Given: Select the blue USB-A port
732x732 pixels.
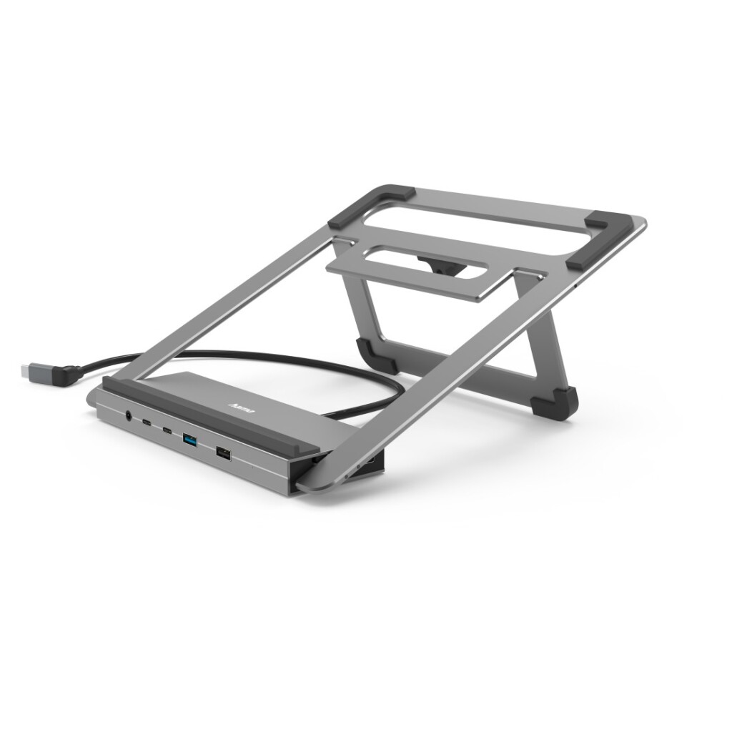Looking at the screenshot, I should click(190, 439).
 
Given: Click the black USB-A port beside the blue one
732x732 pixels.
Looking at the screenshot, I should click(223, 452).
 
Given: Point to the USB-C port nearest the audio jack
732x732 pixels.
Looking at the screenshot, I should click(147, 422).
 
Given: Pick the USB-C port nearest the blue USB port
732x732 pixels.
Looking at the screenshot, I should click(167, 430).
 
